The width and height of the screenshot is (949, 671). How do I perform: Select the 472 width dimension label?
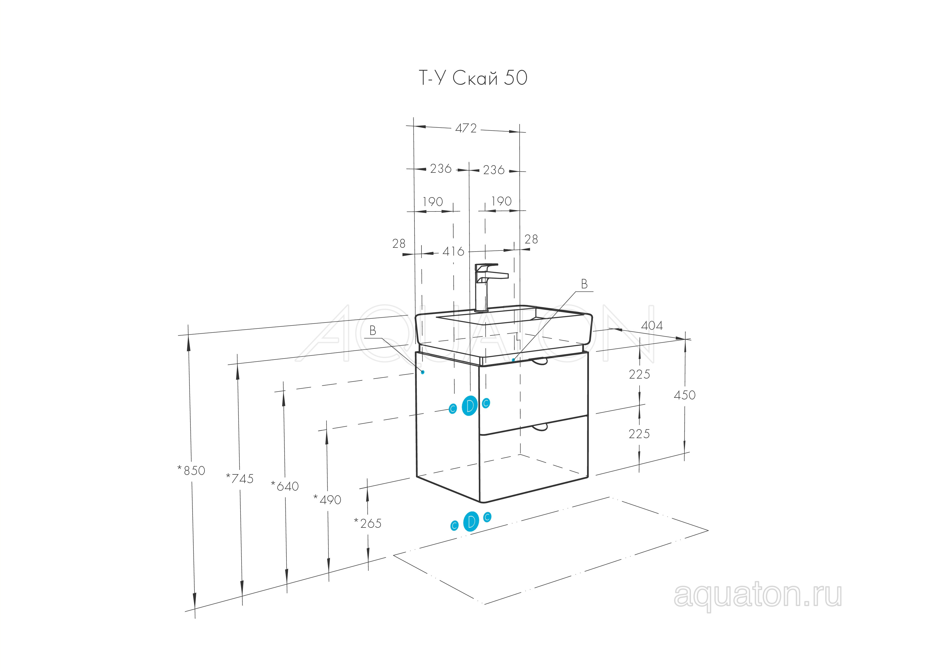(x=466, y=128)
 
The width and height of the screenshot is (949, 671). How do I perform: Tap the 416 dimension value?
(x=453, y=252)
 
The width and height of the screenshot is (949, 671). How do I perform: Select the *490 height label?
(x=327, y=500)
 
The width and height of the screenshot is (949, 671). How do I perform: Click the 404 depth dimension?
(x=652, y=325)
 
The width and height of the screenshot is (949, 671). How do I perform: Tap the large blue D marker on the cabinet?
(x=470, y=406)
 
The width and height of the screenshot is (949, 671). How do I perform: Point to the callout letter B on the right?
(x=584, y=284)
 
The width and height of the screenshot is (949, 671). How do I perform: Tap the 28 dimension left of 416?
(x=399, y=244)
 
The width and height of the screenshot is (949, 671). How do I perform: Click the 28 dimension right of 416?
(x=531, y=239)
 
